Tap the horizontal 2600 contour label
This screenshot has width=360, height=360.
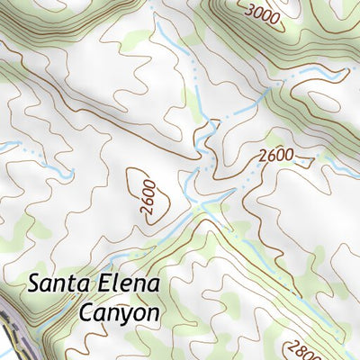tap(275, 155)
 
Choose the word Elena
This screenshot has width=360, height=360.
tap(129, 284)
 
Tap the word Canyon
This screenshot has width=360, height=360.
tap(119, 313)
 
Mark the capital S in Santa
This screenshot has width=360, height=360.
tap(35, 284)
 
